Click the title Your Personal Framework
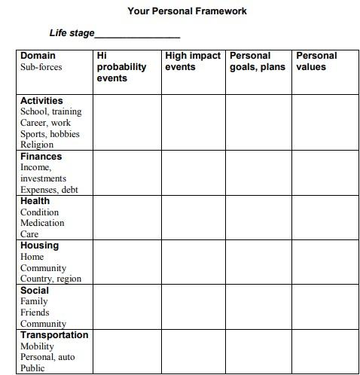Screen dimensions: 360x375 (x=187, y=11)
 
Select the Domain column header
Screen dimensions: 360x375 (x=38, y=56)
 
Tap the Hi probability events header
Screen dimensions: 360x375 (x=121, y=66)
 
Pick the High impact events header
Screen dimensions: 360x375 (x=193, y=61)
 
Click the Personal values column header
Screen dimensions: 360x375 (x=316, y=61)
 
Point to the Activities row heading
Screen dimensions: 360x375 (x=41, y=100)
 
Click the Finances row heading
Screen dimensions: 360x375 (x=41, y=157)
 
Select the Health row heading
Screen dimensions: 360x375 (x=35, y=201)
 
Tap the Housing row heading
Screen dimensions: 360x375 (x=39, y=245)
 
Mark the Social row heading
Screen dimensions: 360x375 (x=34, y=290)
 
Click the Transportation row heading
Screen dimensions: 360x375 (x=54, y=334)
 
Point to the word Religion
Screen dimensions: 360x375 (x=37, y=145)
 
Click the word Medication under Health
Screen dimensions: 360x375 (x=42, y=223)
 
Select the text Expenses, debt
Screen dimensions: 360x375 (x=49, y=190)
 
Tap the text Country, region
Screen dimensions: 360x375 (x=50, y=279)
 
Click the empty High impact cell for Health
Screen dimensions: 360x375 (x=194, y=218)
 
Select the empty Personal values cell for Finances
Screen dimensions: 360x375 (x=325, y=173)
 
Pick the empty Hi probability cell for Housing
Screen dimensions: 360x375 (x=127, y=262)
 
